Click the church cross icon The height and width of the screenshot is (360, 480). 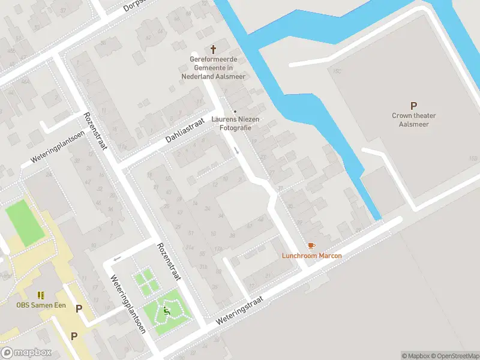[213, 49]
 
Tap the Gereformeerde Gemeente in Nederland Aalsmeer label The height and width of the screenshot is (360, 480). [214, 68]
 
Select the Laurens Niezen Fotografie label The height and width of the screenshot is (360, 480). [235, 123]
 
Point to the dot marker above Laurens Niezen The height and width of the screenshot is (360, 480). [235, 112]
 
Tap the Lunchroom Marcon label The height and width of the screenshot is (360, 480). [312, 256]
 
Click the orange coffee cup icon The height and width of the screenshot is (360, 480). [311, 246]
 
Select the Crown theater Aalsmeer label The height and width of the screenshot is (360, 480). [413, 120]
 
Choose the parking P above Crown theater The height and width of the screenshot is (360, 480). [413, 106]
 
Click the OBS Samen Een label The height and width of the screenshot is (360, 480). [41, 305]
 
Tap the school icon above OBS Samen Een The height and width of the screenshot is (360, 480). [41, 295]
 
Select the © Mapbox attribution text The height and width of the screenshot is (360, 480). [416, 356]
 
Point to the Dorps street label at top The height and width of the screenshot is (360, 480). [135, 6]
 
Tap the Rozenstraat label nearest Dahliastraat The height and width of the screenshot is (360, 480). [96, 131]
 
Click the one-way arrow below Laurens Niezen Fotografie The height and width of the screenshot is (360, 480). [237, 150]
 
